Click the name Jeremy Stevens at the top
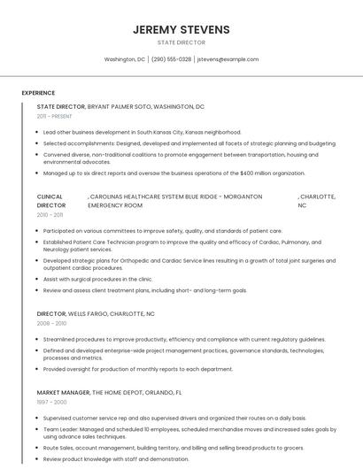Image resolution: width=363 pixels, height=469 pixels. point(181,29)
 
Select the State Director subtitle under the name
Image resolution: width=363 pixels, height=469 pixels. point(181,42)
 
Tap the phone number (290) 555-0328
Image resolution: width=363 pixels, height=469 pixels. point(171,59)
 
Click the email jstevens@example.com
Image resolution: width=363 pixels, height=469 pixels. point(228,59)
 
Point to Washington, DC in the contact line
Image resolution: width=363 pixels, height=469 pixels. point(124,59)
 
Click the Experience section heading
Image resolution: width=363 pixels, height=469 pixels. point(38,93)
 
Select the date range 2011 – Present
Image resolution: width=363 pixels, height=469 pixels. point(54,116)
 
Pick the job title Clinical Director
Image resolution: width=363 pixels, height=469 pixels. point(51,201)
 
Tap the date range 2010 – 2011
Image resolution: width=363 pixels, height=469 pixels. point(50,215)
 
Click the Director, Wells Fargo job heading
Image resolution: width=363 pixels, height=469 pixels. point(96,313)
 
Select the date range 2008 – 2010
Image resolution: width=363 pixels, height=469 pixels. point(51,324)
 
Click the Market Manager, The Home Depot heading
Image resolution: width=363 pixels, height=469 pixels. point(109,392)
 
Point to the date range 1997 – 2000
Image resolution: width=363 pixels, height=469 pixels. point(51,403)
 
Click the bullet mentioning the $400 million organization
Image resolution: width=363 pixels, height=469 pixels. point(161,173)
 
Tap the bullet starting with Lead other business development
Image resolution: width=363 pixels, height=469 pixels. point(142,132)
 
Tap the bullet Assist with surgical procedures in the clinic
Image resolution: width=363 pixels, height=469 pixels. point(122,279)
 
